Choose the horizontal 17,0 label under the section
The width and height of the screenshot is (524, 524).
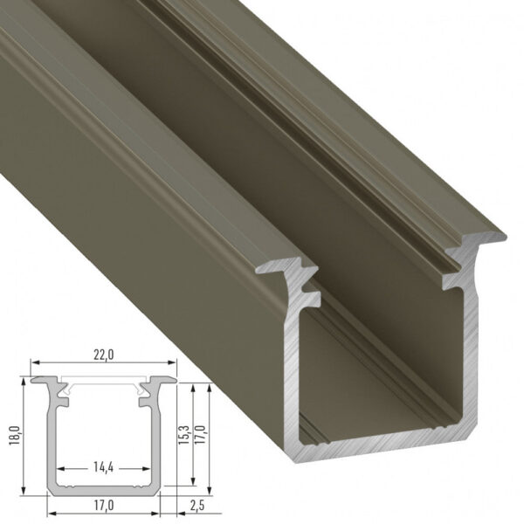[x=104, y=505]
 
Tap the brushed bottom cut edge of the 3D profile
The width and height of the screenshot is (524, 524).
[x=384, y=445]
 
